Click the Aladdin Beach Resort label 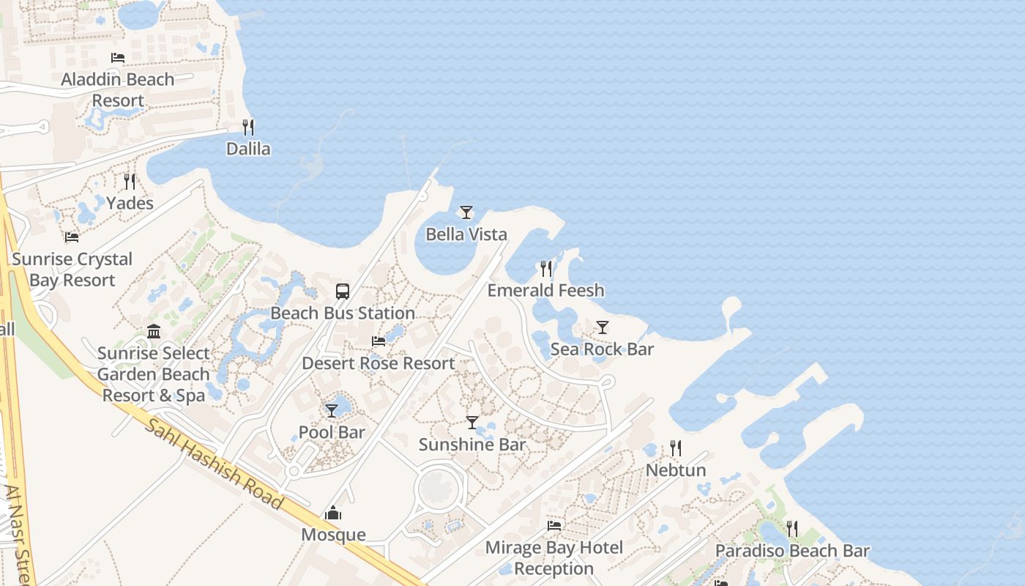118,89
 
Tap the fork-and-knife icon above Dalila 248,127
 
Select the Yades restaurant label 130,203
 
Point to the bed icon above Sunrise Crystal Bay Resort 72,237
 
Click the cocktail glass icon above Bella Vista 466,212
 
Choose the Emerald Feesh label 546,290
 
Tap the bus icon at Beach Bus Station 343,291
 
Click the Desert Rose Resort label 379,363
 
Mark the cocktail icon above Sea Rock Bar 602,327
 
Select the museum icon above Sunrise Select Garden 154,332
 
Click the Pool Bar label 332,432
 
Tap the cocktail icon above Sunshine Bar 472,423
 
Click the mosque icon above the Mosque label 333,513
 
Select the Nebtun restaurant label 676,470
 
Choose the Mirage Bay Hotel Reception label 554,557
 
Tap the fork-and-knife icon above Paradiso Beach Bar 791,528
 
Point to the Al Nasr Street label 16,535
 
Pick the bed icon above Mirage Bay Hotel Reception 554,525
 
